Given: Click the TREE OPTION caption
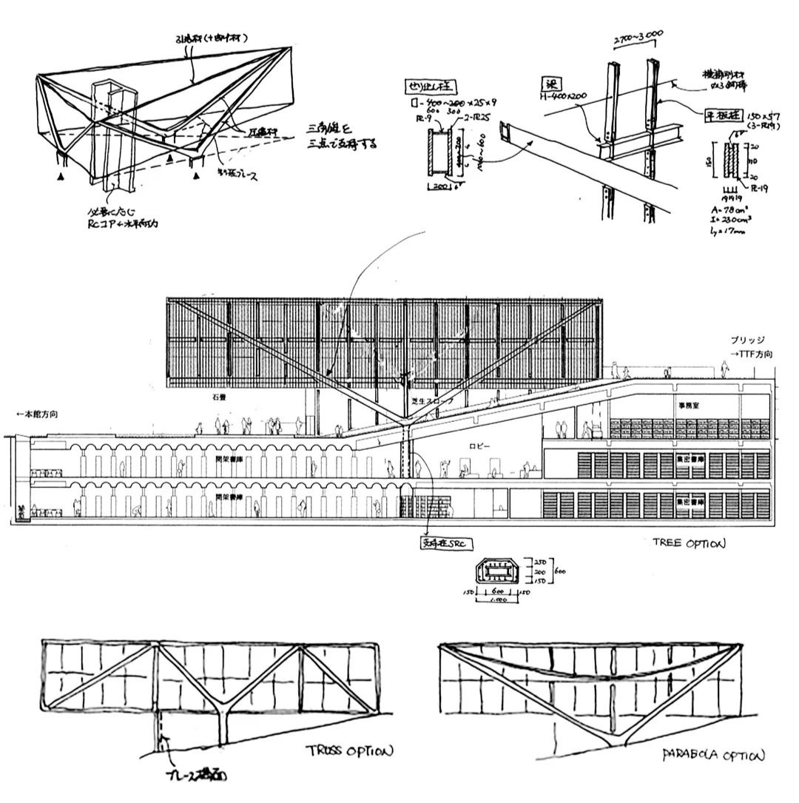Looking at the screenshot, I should [x=689, y=543].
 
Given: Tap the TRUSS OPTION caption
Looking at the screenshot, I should [x=348, y=752].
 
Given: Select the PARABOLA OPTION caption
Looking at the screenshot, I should [x=713, y=756].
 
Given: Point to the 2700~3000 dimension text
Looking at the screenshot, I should [x=638, y=37].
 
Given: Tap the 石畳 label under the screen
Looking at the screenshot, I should [x=217, y=398].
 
